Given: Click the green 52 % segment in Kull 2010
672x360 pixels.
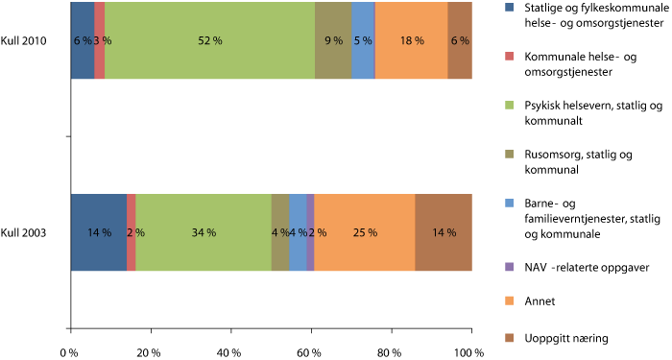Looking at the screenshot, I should (209, 40).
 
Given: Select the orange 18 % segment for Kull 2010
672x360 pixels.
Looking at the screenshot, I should (411, 40).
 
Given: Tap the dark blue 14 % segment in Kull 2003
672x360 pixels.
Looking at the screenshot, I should (98, 232).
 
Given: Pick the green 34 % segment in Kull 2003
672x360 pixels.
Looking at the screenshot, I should (204, 232).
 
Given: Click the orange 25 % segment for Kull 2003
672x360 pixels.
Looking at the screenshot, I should (365, 232).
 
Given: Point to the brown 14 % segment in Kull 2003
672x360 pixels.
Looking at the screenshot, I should (444, 232).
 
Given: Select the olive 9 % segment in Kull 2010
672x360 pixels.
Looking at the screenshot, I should (332, 40).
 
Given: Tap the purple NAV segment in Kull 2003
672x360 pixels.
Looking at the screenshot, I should (311, 232).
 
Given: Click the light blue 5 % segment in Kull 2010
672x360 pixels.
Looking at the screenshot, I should (363, 40).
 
